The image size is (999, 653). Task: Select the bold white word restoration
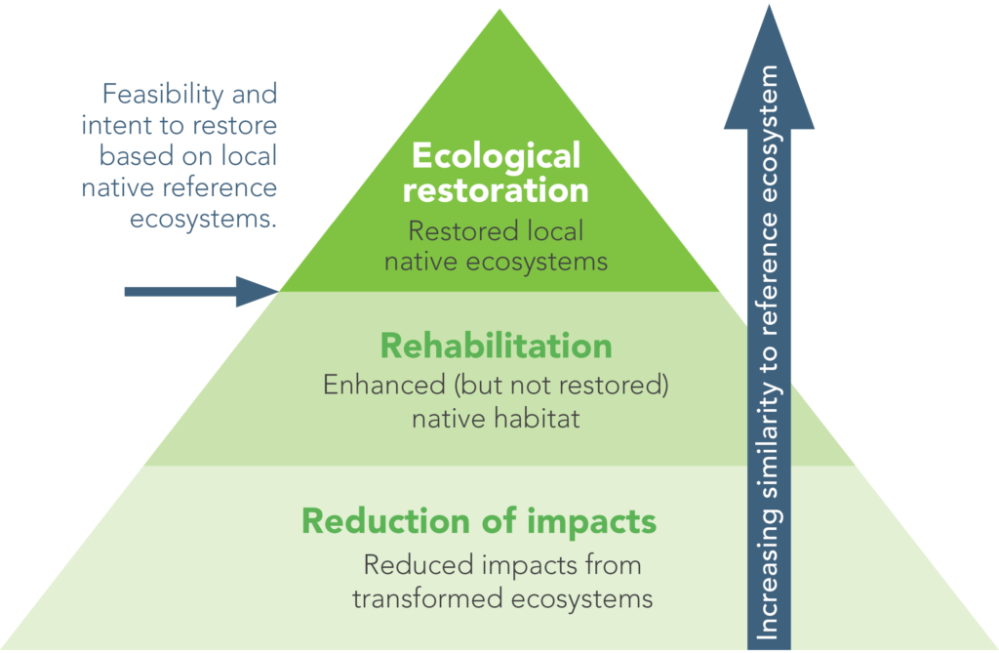coord(496,188)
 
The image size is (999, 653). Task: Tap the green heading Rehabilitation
coord(496,346)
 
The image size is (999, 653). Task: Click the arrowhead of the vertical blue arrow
coord(769,83)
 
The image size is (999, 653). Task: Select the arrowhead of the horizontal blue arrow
coord(258,290)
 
